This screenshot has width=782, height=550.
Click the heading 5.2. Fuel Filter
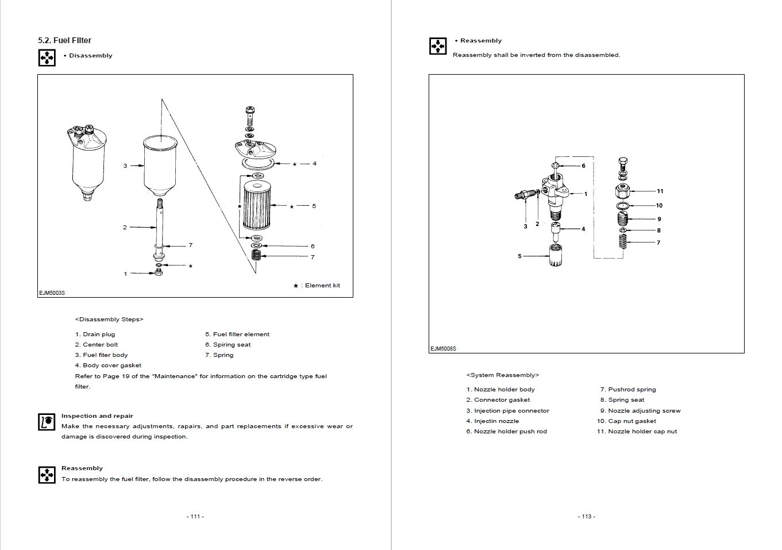(64, 40)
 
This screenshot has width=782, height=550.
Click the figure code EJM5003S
(52, 293)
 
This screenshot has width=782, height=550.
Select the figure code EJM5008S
(442, 348)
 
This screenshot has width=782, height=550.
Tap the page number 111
(195, 516)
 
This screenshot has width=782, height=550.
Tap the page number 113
(586, 516)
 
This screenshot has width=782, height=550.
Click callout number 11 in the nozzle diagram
(660, 191)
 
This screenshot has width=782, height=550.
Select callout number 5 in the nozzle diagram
(519, 256)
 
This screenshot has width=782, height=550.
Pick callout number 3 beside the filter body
(125, 166)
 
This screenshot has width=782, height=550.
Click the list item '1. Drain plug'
(95, 334)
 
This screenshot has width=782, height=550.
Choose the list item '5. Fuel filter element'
(237, 334)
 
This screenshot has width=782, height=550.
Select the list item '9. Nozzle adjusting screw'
(640, 410)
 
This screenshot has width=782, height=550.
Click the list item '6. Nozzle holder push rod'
(506, 431)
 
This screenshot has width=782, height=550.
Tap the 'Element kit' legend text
(322, 286)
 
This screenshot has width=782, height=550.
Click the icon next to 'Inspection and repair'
(47, 421)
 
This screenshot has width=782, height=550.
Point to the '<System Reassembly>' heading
(503, 375)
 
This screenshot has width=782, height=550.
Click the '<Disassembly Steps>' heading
(109, 319)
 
